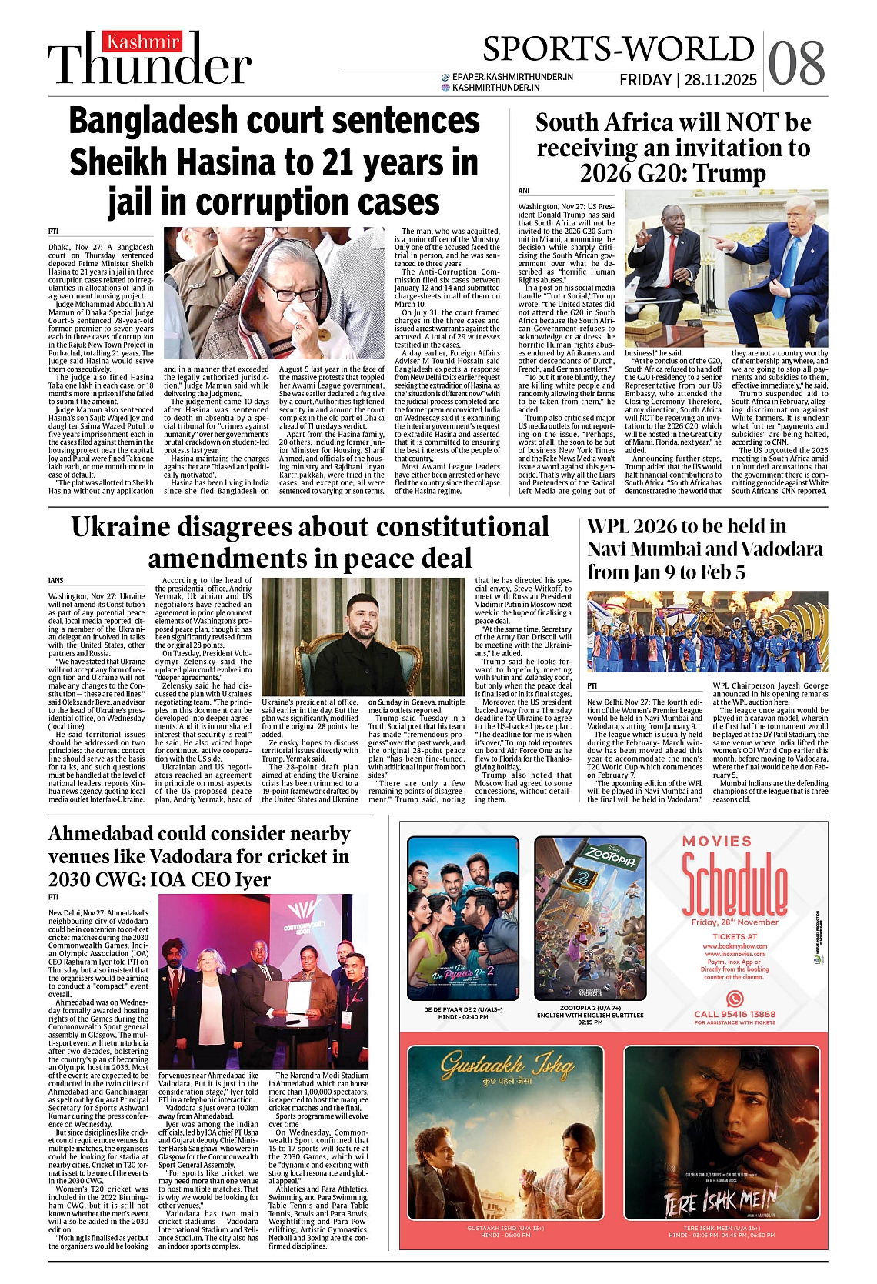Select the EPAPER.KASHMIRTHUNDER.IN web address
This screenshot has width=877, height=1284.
point(512,77)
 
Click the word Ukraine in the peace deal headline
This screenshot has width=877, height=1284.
point(120,527)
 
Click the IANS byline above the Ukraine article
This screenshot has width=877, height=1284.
point(55,580)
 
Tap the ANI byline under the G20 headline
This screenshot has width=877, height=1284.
point(524,191)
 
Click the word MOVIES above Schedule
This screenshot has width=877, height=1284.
point(717,841)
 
